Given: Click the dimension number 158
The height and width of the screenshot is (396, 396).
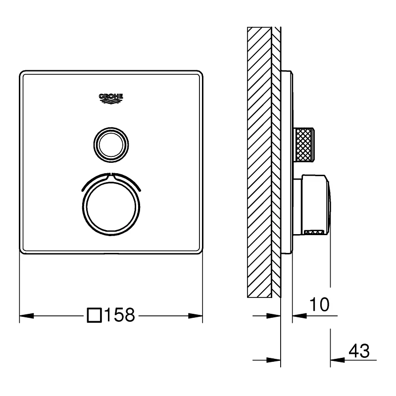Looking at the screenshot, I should click(119, 315).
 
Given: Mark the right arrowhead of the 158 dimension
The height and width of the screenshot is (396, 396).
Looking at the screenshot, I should click(197, 315).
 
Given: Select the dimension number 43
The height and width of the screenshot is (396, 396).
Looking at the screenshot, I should click(359, 351).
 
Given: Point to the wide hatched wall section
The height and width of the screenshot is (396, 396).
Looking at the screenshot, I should click(259, 161).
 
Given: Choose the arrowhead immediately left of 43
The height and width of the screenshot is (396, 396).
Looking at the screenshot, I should click(337, 358).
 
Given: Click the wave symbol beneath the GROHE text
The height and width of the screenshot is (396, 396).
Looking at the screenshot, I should click(111, 102).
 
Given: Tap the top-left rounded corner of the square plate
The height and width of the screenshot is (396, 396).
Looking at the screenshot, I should click(22, 74).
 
